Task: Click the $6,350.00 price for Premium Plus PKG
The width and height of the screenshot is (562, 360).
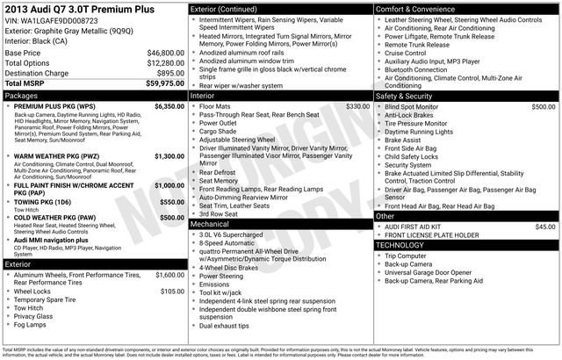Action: (167, 105)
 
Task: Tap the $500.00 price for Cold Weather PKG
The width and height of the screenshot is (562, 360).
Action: (171, 217)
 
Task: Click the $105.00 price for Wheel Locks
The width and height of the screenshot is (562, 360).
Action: (171, 291)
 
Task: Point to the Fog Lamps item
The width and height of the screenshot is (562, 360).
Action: (31, 325)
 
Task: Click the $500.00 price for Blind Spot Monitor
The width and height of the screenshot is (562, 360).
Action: (543, 105)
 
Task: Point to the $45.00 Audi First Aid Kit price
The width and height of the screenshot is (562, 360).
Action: (545, 227)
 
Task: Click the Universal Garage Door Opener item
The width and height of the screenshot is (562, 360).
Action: (437, 272)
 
